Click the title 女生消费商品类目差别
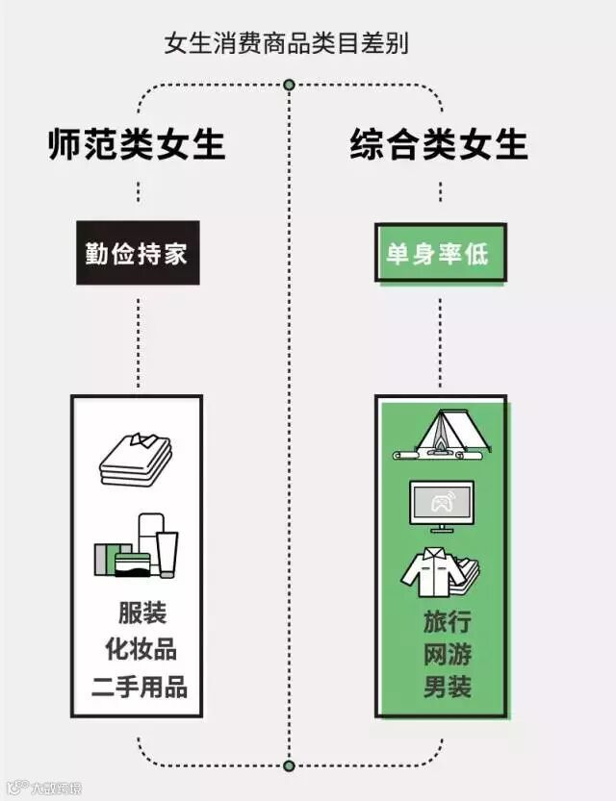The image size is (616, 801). pos(287,44)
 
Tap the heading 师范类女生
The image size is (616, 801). pos(137,145)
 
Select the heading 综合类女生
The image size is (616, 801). pos(439,145)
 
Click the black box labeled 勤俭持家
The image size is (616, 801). pos(138,254)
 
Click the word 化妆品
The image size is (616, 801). pos(141,649)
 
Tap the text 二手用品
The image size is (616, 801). pos(140,687)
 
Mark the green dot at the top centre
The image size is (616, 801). pos(289,86)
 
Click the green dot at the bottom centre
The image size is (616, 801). pos(289,765)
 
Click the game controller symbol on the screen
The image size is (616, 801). pos(442,500)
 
